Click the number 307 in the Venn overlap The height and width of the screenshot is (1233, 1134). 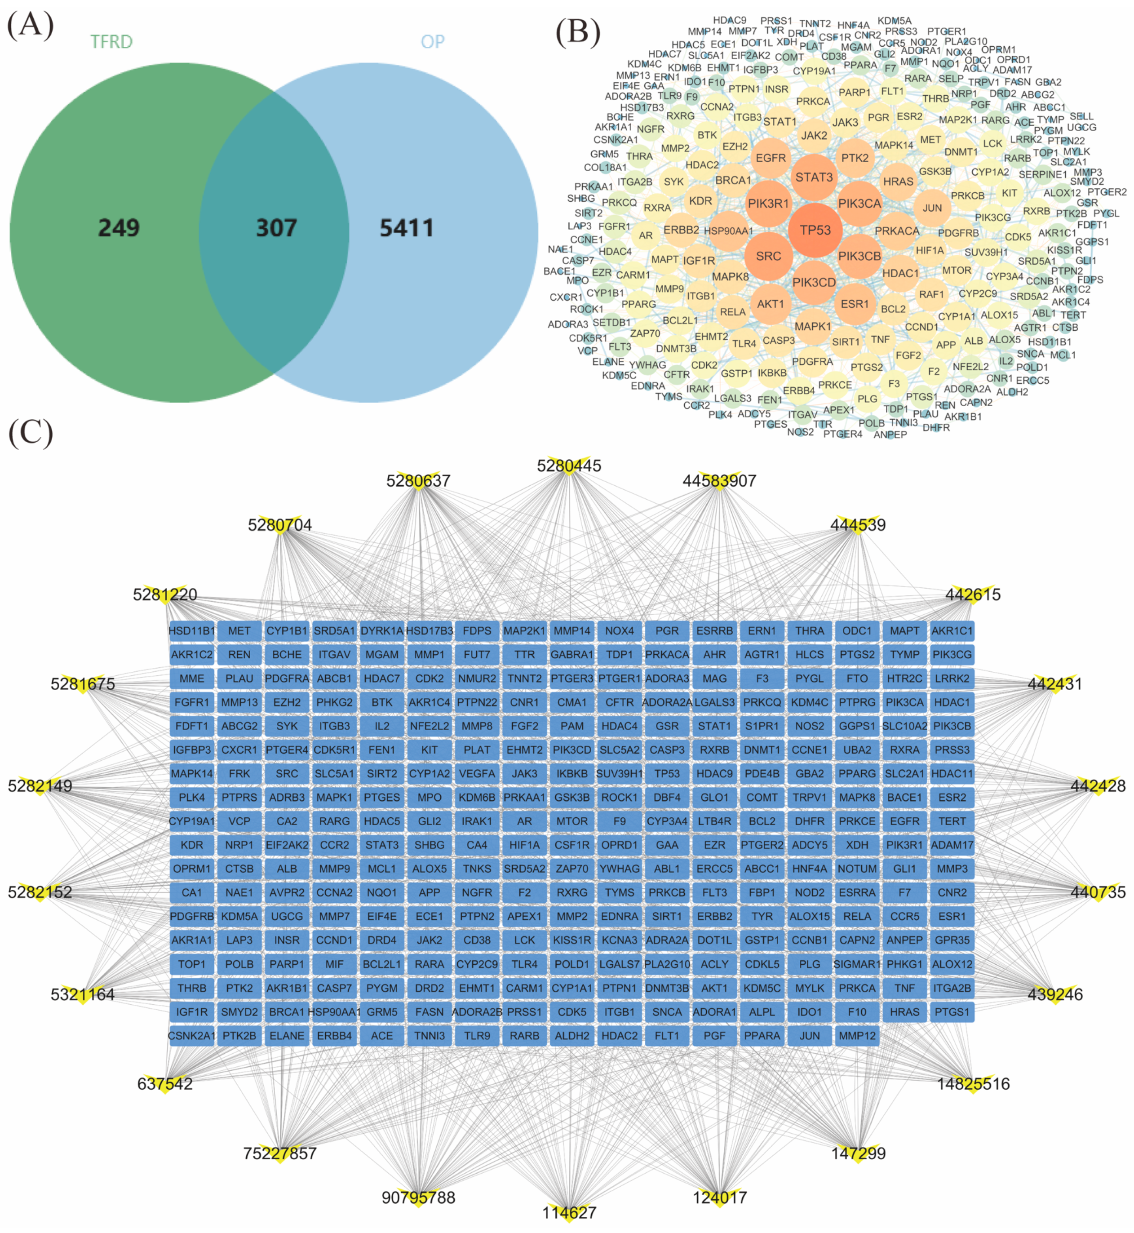tap(276, 228)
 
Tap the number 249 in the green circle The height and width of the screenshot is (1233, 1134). tap(119, 228)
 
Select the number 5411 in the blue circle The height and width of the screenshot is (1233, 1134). tap(406, 228)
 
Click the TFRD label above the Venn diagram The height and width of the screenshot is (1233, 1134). tap(112, 42)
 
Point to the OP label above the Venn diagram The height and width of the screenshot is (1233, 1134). tap(432, 42)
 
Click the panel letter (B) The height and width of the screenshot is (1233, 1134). tap(577, 32)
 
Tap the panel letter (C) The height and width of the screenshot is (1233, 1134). tap(31, 433)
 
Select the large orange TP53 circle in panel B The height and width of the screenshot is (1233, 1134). tap(815, 230)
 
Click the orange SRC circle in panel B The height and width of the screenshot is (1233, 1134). tap(768, 256)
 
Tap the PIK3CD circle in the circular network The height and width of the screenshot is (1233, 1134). tap(814, 282)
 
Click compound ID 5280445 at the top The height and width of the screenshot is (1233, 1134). tap(569, 466)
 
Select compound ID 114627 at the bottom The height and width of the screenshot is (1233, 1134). tap(569, 1213)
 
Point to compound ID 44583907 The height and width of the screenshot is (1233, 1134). tap(719, 480)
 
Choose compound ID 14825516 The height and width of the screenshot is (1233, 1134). tap(973, 1084)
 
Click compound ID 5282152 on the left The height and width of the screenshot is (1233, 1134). tap(40, 892)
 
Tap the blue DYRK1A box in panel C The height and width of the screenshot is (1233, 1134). tap(382, 631)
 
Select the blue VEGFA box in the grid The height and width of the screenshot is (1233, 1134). tap(477, 774)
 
